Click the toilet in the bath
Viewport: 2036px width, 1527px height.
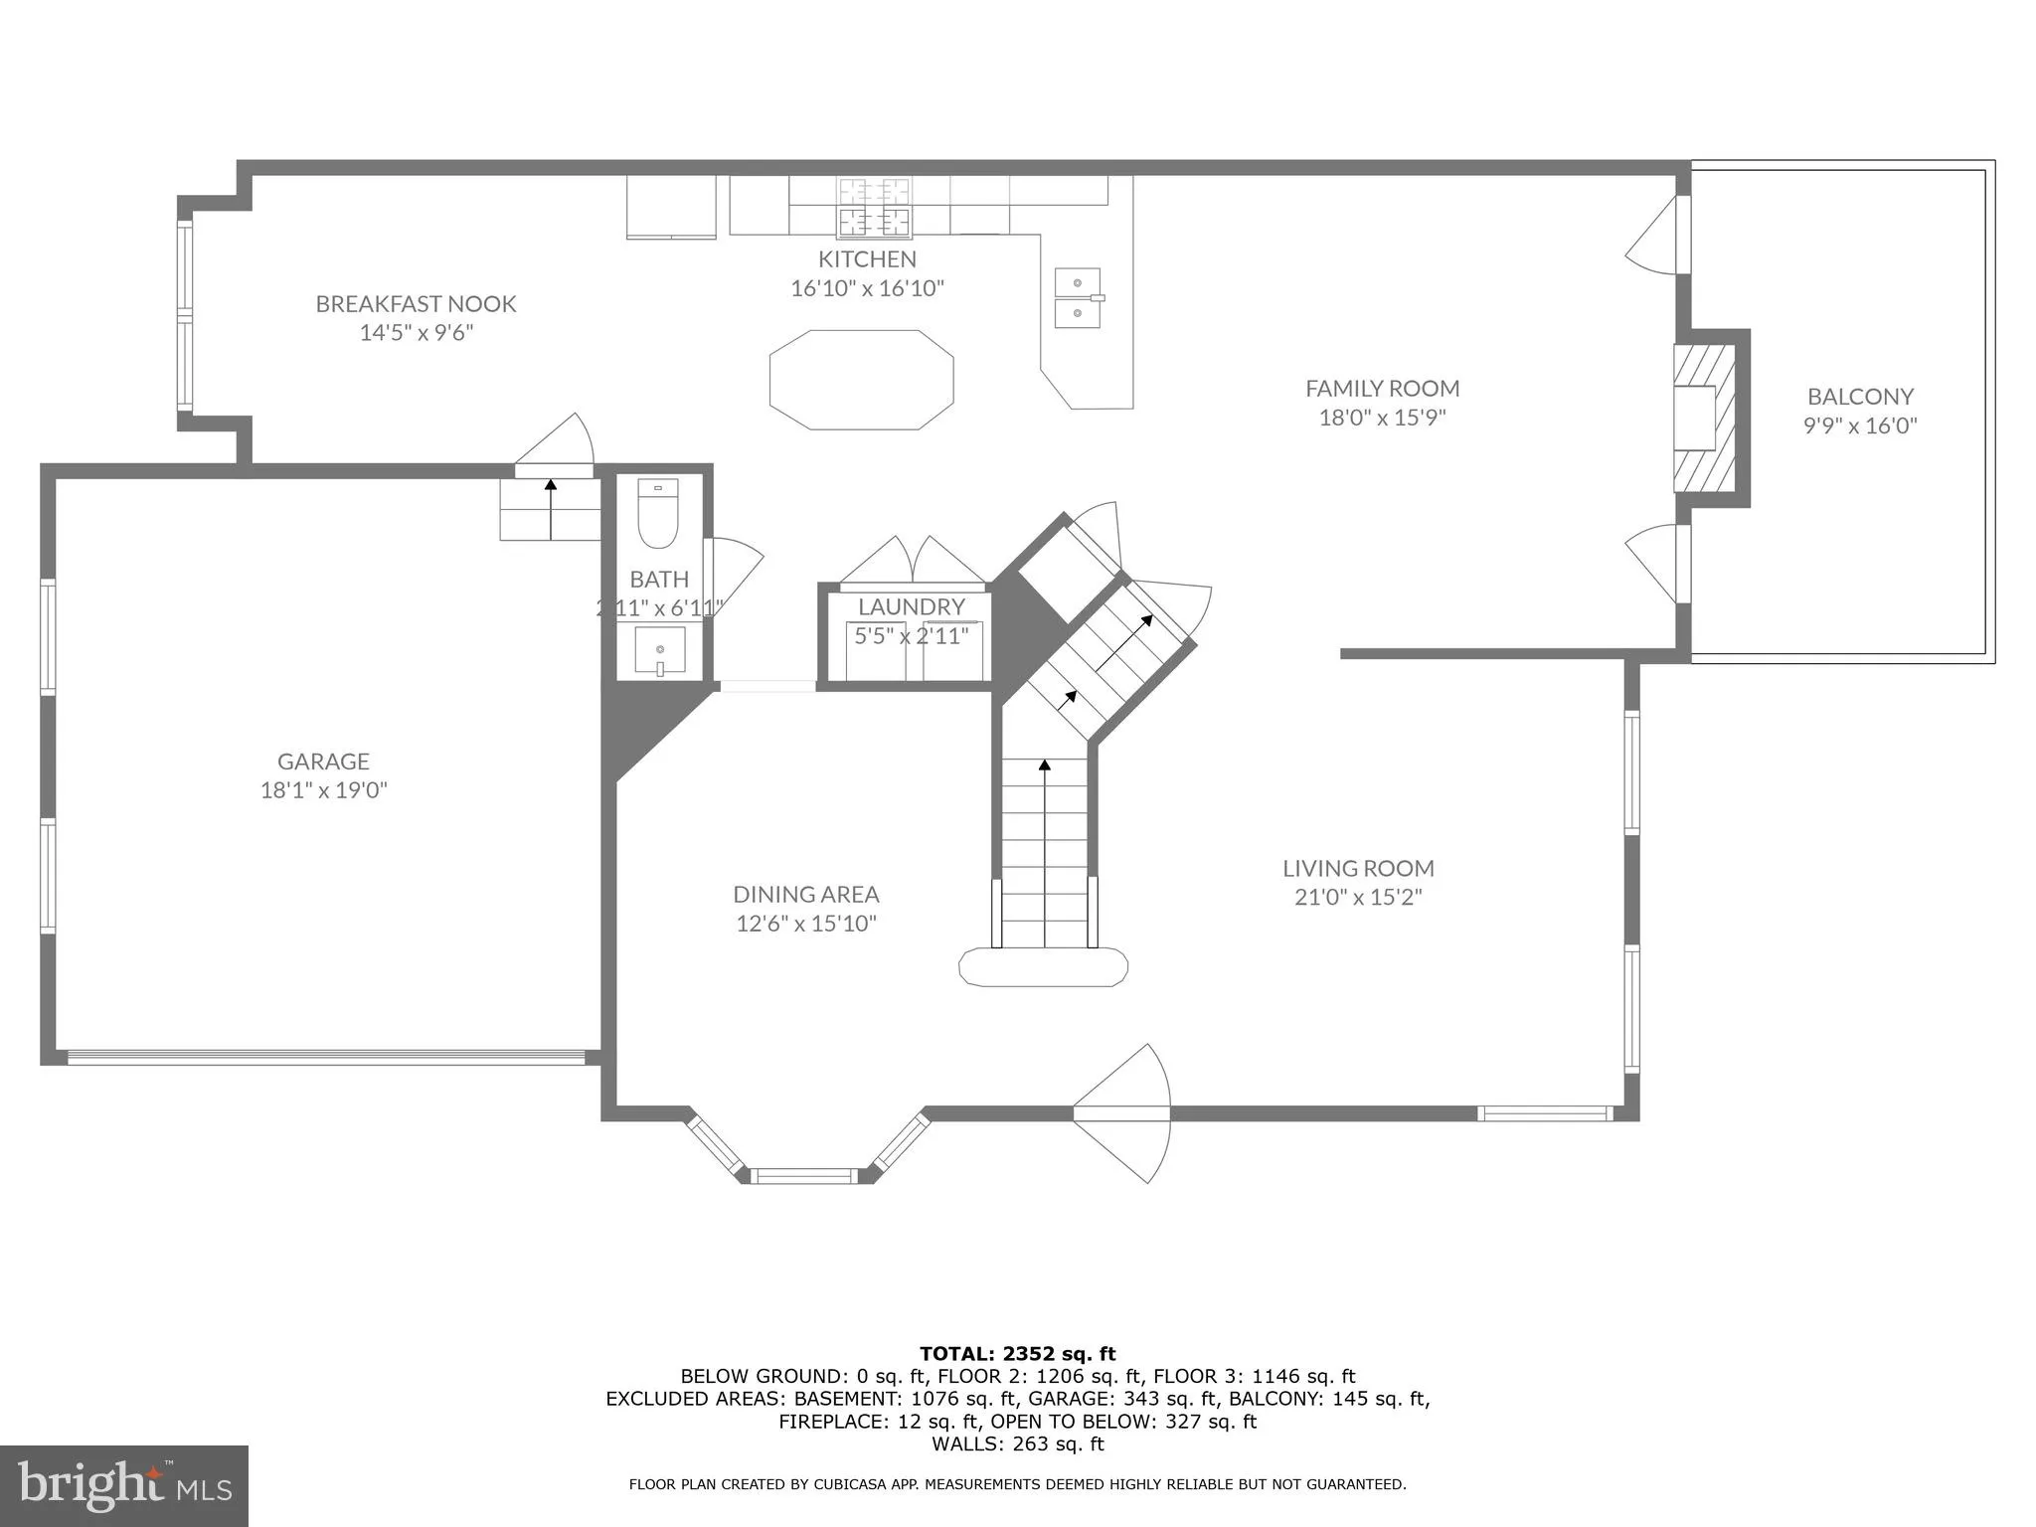[x=657, y=514]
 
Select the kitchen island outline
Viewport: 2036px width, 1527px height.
[x=861, y=380]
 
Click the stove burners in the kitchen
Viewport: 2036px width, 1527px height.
[x=874, y=207]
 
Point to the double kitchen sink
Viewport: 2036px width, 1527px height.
[x=1078, y=297]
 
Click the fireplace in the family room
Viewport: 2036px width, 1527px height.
[x=1703, y=418]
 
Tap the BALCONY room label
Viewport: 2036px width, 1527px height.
[x=1859, y=397]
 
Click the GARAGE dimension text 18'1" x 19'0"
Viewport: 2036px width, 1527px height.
[x=323, y=790]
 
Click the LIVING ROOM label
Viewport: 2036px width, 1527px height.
[x=1357, y=868]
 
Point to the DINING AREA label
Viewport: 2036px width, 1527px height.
[x=805, y=895]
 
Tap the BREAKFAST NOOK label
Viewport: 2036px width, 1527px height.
[x=416, y=304]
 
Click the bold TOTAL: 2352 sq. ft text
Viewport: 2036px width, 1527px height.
[x=1017, y=1353]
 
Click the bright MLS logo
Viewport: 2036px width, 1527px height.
[x=123, y=1485]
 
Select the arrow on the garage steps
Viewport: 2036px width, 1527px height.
[x=550, y=507]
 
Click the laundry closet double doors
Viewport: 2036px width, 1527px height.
[x=913, y=562]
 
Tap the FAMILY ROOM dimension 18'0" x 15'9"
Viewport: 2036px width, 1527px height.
[x=1381, y=418]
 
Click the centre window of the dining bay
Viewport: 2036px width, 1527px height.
[x=802, y=1176]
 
